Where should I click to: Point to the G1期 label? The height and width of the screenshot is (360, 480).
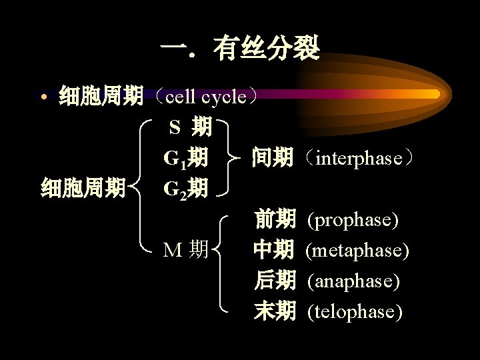185,158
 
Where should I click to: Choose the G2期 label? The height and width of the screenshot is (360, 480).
185,189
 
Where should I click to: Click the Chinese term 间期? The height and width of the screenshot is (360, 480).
272,158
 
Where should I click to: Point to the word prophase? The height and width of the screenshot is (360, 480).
353,219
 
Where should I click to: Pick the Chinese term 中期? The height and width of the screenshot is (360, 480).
273,250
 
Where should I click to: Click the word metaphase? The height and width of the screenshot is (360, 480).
357,250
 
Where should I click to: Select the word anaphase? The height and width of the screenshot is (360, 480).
353,281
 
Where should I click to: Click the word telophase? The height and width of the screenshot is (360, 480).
355,311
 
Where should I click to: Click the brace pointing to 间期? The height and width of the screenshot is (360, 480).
229,158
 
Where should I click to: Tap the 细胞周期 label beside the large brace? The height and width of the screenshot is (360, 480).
83,189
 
